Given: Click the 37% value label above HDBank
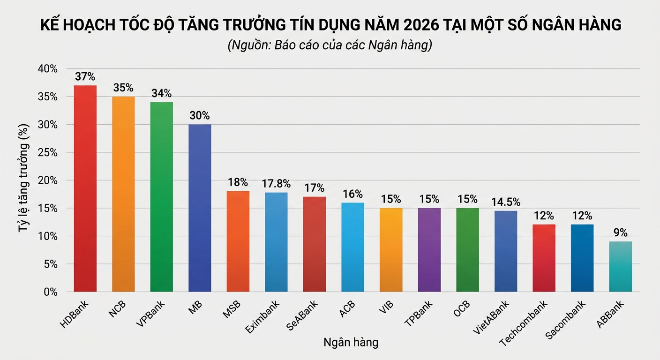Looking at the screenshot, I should pyautogui.click(x=85, y=76).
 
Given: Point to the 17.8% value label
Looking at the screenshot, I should pyautogui.click(x=276, y=184).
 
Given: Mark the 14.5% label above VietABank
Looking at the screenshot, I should pyautogui.click(x=506, y=202).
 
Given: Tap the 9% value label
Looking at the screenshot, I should pyautogui.click(x=620, y=232).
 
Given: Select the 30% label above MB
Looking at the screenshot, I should pyautogui.click(x=200, y=115).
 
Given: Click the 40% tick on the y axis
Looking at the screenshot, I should pyautogui.click(x=47, y=69).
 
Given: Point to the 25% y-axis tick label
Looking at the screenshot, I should pyautogui.click(x=47, y=153).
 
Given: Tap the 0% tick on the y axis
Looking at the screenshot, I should pyautogui.click(x=50, y=292).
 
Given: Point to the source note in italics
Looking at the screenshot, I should pyautogui.click(x=330, y=46).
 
